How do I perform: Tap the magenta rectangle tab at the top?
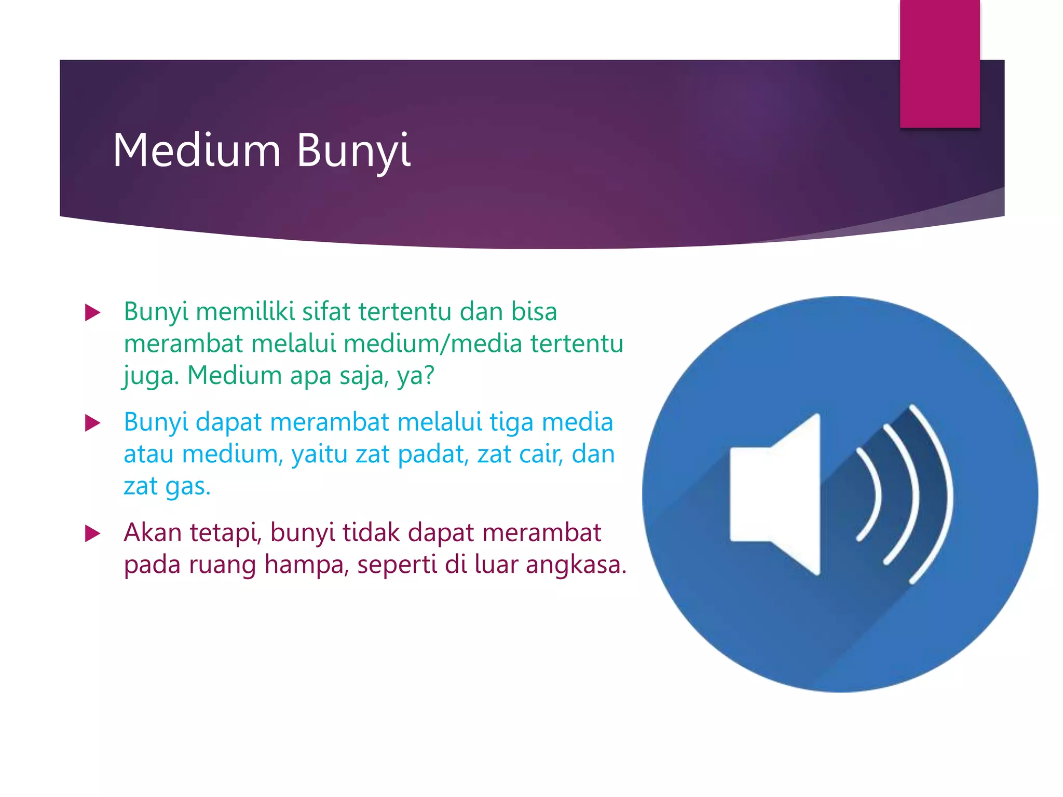click(x=939, y=63)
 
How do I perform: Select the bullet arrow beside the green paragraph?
click(x=92, y=312)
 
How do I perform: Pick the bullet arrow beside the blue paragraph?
click(x=92, y=423)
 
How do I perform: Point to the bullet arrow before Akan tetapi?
click(x=92, y=533)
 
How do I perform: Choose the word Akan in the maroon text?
click(x=153, y=533)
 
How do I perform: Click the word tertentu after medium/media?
click(x=576, y=343)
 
